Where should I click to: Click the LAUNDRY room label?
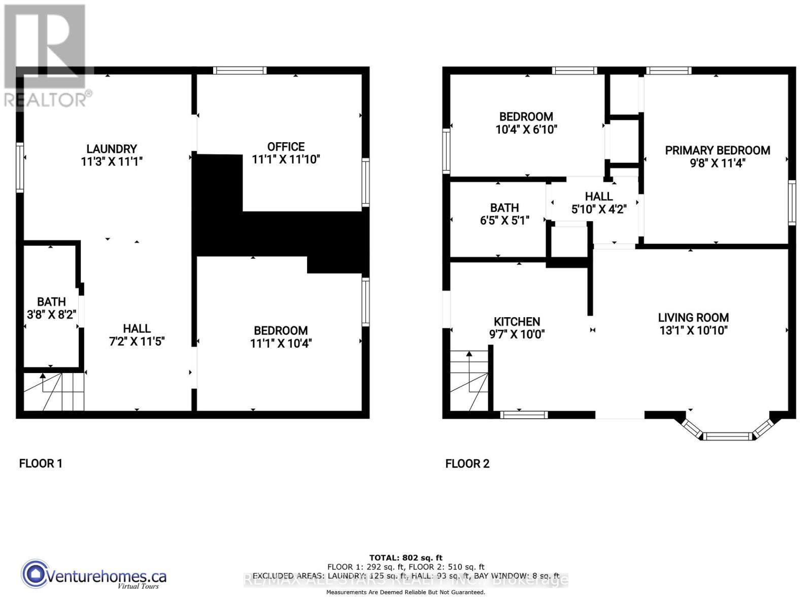(111, 149)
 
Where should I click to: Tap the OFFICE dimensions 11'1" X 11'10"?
(286, 159)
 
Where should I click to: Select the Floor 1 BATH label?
(51, 302)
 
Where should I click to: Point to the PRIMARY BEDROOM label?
(717, 150)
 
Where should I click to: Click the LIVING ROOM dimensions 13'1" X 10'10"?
(693, 330)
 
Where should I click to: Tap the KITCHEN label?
(517, 321)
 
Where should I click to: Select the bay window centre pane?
(728, 436)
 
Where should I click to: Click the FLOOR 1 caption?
(41, 463)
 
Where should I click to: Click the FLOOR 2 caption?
(467, 463)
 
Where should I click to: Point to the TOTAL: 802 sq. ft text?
(405, 558)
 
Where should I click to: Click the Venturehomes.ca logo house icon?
(35, 574)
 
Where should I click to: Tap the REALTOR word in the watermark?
(46, 99)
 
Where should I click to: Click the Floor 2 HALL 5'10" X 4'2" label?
(598, 202)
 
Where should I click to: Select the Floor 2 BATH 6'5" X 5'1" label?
(504, 214)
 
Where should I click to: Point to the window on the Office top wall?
(240, 71)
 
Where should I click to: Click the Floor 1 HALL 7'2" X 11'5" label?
(137, 335)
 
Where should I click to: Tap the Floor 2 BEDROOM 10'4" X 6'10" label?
(526, 123)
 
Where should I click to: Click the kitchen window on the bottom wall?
(524, 415)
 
